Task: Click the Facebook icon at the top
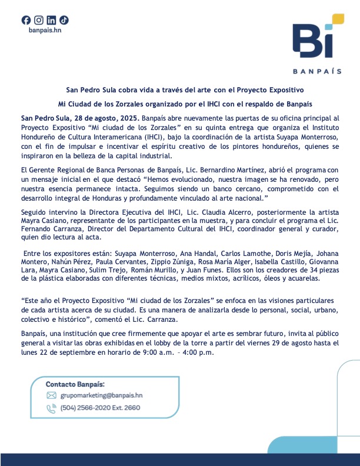[26, 20]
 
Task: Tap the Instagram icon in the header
[39, 20]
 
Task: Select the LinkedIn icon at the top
[51, 20]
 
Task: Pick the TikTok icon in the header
[64, 20]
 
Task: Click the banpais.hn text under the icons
[45, 30]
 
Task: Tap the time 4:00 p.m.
[199, 353]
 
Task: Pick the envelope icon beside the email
[51, 395]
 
